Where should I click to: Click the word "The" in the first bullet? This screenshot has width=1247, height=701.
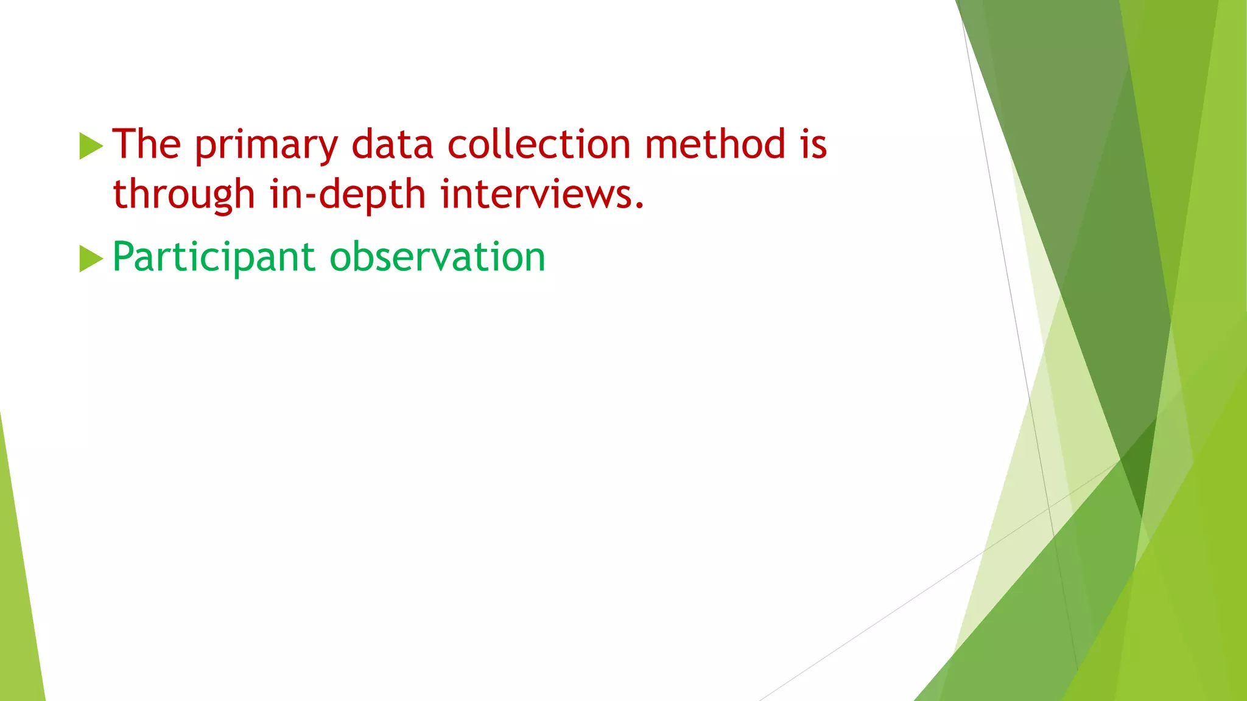[x=147, y=145]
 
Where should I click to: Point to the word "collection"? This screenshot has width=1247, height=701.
[x=539, y=145]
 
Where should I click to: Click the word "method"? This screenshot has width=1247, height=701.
[x=715, y=145]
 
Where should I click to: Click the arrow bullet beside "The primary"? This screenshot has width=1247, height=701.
[x=91, y=146]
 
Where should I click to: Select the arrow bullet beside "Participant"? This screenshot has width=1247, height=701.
[x=91, y=259]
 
